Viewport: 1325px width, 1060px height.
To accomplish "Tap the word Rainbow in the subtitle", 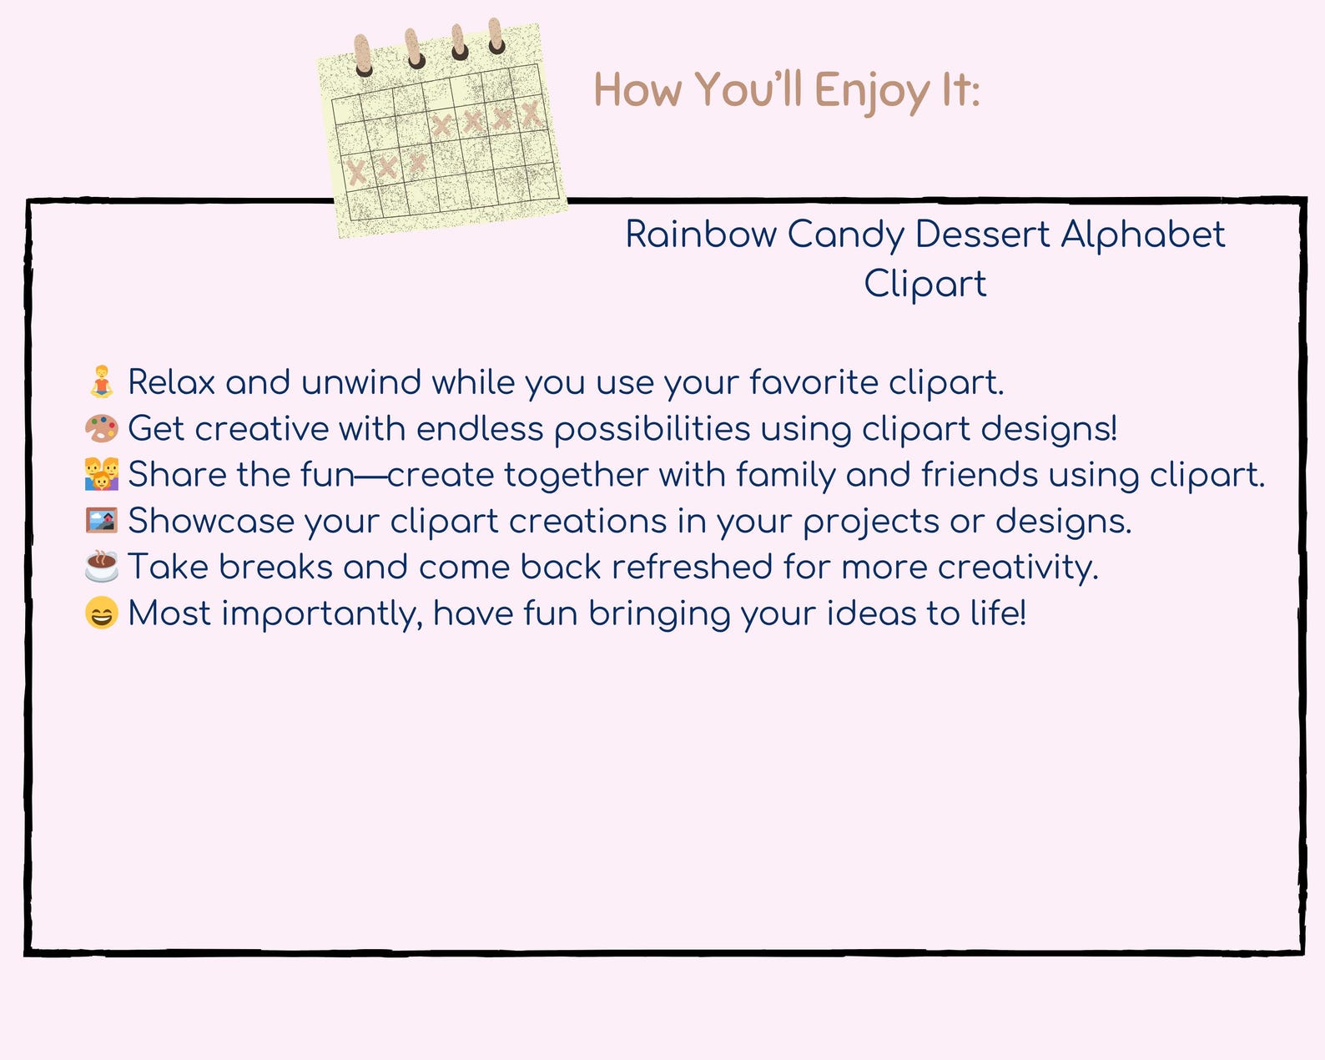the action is tap(701, 235).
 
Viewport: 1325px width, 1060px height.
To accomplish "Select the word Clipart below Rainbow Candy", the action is tap(925, 284).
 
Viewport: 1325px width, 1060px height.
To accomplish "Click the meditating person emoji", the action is tap(102, 381).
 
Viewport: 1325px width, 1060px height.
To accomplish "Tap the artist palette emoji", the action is tap(102, 428).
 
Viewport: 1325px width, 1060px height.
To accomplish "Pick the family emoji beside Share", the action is tap(102, 473).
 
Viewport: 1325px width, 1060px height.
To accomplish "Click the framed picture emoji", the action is tap(102, 520).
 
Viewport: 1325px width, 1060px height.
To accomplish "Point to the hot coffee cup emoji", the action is tap(102, 566).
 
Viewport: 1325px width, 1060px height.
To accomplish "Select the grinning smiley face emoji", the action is tap(102, 613).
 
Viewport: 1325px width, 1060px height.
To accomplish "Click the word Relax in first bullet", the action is tap(171, 382).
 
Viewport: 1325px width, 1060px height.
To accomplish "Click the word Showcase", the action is tap(211, 521).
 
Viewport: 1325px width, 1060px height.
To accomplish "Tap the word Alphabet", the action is tap(1143, 235).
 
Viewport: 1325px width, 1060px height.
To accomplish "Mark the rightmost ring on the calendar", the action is tap(496, 36).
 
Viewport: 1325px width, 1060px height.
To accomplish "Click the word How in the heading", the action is tap(637, 90).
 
